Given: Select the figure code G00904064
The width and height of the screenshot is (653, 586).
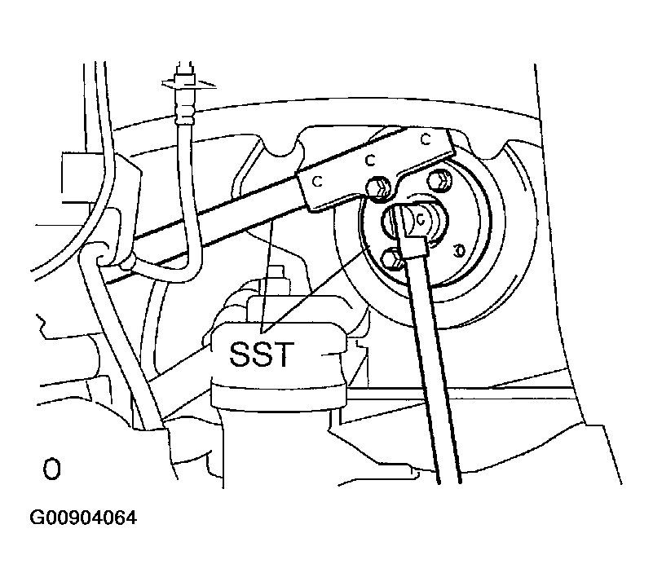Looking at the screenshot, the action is (x=83, y=518).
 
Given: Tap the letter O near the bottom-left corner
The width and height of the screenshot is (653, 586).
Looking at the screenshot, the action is (x=51, y=469).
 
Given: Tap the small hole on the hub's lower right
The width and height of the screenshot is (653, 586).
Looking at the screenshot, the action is (x=460, y=250).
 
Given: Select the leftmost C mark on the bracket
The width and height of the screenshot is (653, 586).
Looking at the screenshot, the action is (x=318, y=182).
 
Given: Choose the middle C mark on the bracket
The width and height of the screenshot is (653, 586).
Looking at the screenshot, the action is (x=370, y=160).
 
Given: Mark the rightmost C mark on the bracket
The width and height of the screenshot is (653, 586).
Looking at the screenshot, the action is (x=426, y=139).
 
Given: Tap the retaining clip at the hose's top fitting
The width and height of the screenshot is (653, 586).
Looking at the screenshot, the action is (x=188, y=83).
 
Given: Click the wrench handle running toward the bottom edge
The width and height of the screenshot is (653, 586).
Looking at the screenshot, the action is (x=435, y=367).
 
